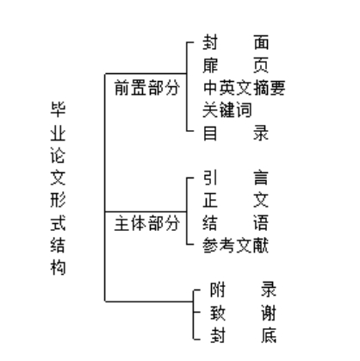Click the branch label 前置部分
[x=147, y=88]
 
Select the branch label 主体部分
[x=147, y=223]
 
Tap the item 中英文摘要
[x=245, y=88]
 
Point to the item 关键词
[x=227, y=110]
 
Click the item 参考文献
[x=236, y=246]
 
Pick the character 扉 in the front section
[x=210, y=65]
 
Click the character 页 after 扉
[x=261, y=65]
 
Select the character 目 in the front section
[x=210, y=133]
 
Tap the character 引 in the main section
[x=210, y=177]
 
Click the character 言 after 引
[x=261, y=177]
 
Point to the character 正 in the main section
[x=210, y=200]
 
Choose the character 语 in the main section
[x=261, y=223]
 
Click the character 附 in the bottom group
[x=218, y=289]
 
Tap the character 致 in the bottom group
[x=218, y=313]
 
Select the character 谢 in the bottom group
[x=269, y=313]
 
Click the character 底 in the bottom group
[x=269, y=335]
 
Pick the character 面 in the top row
[x=261, y=42]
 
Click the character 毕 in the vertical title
[x=58, y=109]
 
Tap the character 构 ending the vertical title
[x=58, y=268]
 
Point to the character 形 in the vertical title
[x=58, y=200]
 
